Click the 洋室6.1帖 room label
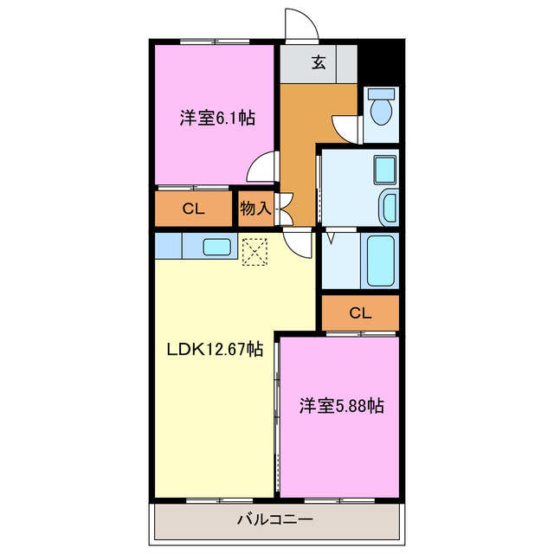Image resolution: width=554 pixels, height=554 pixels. (217, 118)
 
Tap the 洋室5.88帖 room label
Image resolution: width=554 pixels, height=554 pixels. (342, 405)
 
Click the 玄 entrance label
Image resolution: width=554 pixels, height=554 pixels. (319, 62)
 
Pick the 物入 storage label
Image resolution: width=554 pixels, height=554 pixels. (256, 208)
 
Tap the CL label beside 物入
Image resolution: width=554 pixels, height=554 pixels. (193, 208)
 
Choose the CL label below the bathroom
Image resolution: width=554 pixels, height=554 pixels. (360, 312)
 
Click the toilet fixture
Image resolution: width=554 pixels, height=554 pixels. (380, 110)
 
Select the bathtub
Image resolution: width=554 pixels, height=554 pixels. (380, 260)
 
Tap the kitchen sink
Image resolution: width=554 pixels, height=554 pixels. (217, 247)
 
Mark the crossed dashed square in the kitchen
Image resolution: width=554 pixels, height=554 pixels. (255, 252)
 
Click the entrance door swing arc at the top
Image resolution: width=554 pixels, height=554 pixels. (302, 26)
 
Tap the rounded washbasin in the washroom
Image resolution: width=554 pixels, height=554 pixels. (389, 208)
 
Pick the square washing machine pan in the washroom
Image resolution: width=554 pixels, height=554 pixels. (383, 169)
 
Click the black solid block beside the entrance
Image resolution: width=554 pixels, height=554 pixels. (381, 61)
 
